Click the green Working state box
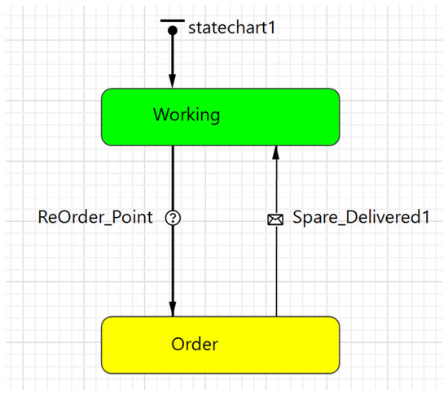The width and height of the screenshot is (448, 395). click(x=220, y=117)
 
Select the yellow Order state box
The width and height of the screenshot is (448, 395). click(x=220, y=345)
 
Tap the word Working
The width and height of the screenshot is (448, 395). click(x=187, y=115)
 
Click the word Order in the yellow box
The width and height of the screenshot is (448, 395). click(x=195, y=344)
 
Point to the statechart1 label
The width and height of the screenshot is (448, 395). click(x=231, y=28)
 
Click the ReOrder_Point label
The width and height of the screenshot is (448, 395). click(x=95, y=218)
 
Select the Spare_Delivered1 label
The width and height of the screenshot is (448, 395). click(x=361, y=217)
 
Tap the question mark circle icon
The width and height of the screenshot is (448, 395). click(x=173, y=218)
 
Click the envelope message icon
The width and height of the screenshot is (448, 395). click(x=275, y=219)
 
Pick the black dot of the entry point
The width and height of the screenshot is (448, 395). click(x=173, y=30)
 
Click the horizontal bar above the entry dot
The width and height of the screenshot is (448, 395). click(x=173, y=20)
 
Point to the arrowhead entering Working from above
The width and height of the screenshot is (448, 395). click(x=172, y=81)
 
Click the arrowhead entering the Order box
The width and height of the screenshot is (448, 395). click(x=173, y=309)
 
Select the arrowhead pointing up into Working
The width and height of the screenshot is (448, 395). click(x=275, y=153)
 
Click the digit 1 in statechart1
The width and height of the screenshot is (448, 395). click(x=271, y=28)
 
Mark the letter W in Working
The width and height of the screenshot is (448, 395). click(x=162, y=115)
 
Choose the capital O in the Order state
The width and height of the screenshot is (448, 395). click(x=178, y=344)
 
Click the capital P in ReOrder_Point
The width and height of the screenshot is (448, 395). click(x=116, y=217)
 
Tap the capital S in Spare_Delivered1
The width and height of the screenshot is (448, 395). click(x=297, y=217)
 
